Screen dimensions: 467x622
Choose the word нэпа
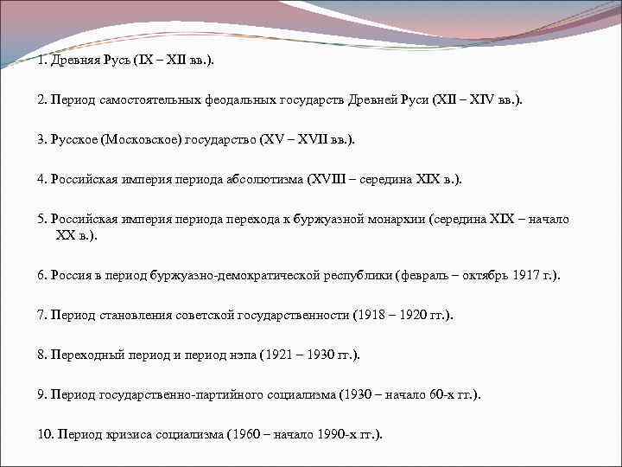tap(231, 355)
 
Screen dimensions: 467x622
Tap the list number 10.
tap(45, 434)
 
